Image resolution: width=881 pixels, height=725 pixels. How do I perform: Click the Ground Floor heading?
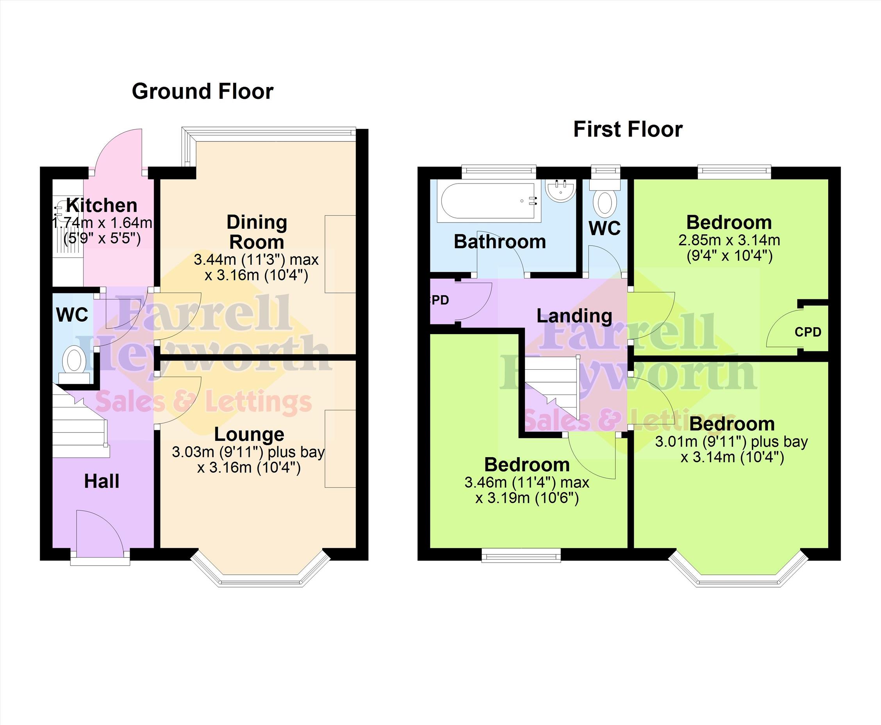coord(203,92)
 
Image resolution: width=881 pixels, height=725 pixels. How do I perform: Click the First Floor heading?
coord(628,129)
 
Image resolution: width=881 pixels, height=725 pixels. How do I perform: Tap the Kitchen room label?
coord(102,205)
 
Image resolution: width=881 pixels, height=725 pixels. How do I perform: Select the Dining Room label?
coord(257,232)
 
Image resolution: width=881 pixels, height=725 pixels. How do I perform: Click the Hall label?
coord(102,481)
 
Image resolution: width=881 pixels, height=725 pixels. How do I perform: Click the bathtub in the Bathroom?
coord(489,202)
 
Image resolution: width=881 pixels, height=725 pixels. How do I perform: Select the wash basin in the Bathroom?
coord(561,191)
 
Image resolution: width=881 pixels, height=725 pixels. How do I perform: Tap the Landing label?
coord(574,316)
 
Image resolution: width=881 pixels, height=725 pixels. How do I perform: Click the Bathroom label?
coord(500,242)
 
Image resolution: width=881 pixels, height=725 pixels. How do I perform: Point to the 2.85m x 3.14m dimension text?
coord(729,240)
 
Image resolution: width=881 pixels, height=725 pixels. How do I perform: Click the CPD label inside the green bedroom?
coord(808,332)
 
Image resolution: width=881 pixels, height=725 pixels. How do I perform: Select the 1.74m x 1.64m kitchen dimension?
coord(102,223)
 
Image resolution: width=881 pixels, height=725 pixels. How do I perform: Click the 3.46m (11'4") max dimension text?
coord(527,483)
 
